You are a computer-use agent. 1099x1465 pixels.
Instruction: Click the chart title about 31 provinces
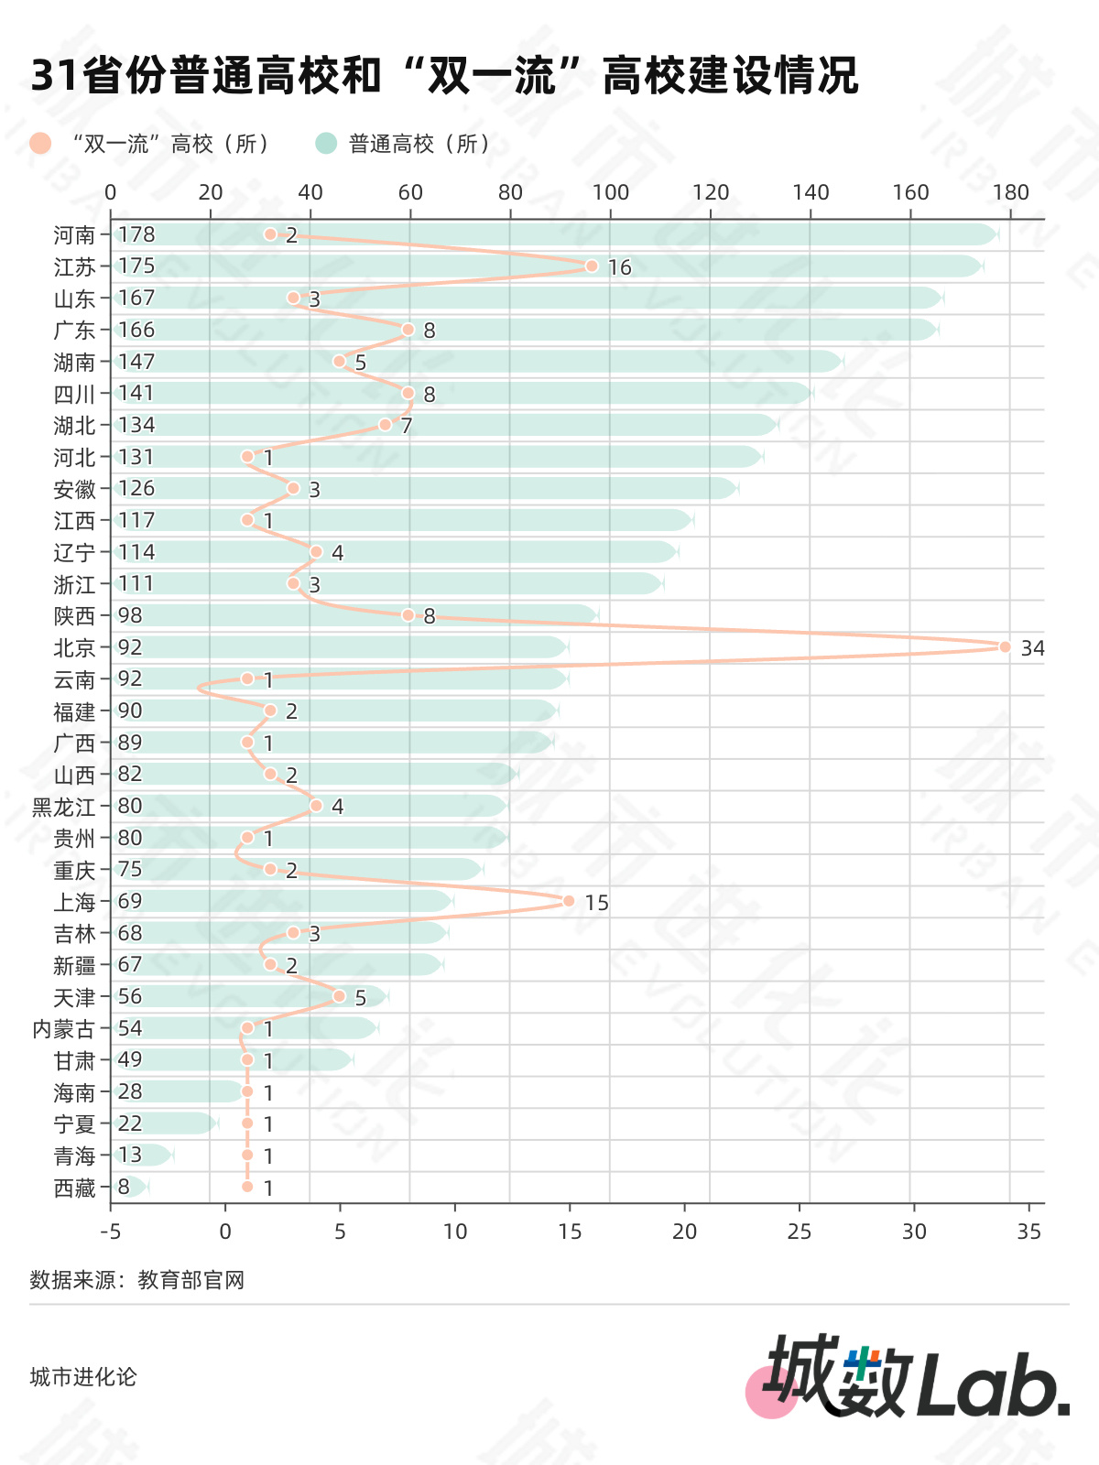pyautogui.click(x=444, y=75)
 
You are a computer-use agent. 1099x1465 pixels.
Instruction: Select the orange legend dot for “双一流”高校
pyautogui.click(x=40, y=144)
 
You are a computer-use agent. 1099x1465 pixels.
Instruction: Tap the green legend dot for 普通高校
pyautogui.click(x=326, y=144)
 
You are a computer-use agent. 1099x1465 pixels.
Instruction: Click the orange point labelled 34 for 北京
pyautogui.click(x=1005, y=646)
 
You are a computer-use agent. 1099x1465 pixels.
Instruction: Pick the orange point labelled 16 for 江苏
pyautogui.click(x=592, y=266)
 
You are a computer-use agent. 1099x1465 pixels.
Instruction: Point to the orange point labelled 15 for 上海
pyautogui.click(x=569, y=901)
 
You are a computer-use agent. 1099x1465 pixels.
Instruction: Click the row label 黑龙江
pyautogui.click(x=63, y=807)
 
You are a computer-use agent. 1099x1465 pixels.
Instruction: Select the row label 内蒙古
pyautogui.click(x=63, y=1029)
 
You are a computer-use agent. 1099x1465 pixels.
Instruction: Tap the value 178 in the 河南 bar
pyautogui.click(x=136, y=234)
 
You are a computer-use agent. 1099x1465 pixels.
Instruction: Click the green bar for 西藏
pyautogui.click(x=131, y=1187)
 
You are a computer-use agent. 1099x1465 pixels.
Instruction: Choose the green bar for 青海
pyautogui.click(x=143, y=1155)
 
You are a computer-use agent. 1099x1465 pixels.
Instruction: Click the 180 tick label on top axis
pyautogui.click(x=1010, y=192)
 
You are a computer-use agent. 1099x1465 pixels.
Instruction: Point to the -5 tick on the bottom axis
pyautogui.click(x=111, y=1232)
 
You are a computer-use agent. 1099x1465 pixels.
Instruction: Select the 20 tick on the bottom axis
pyautogui.click(x=685, y=1232)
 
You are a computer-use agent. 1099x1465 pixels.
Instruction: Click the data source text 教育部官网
pyautogui.click(x=190, y=1280)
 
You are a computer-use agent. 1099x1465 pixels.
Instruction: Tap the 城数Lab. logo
pyautogui.click(x=908, y=1376)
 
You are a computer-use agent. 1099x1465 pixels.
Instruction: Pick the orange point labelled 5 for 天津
pyautogui.click(x=339, y=996)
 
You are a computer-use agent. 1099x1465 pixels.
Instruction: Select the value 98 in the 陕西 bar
pyautogui.click(x=130, y=615)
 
